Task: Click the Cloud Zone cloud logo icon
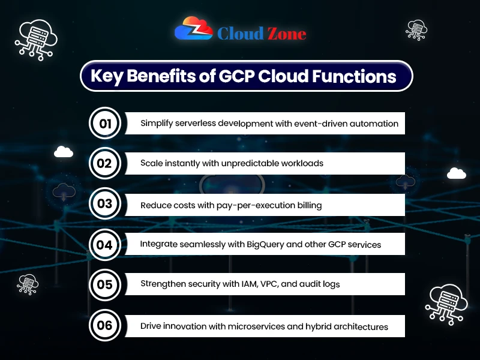(193, 29)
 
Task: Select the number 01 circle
(105, 124)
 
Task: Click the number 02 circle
(105, 164)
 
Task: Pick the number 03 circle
(105, 204)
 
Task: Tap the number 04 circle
(105, 244)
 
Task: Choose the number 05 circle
(105, 284)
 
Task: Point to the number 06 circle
(105, 326)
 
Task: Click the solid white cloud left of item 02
(64, 152)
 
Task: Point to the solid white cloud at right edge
(457, 173)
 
